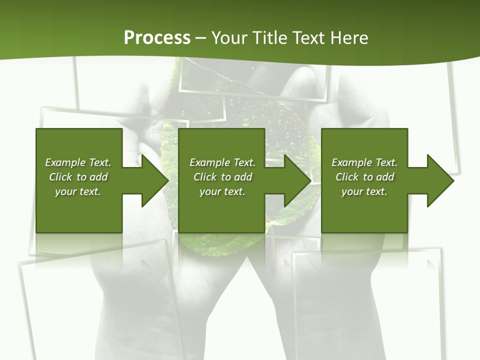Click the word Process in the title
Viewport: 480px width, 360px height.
point(157,38)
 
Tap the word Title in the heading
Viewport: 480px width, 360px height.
point(270,38)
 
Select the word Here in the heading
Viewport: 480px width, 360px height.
point(349,38)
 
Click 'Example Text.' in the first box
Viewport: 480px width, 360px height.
point(78,162)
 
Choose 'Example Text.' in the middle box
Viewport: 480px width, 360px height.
point(222,162)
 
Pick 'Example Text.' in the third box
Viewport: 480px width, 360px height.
point(364,162)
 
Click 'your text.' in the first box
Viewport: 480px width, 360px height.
point(78,191)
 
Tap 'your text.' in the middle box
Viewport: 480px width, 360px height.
point(222,191)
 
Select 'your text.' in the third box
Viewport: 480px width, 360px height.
point(364,191)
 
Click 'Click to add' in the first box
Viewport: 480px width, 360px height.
point(78,177)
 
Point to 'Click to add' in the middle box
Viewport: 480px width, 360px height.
point(222,177)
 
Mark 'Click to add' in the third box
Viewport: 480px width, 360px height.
point(364,177)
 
